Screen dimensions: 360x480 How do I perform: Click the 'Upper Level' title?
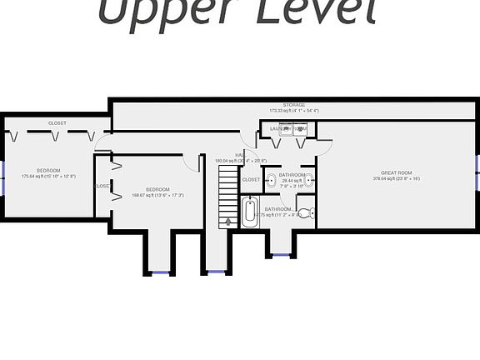[x=236, y=12]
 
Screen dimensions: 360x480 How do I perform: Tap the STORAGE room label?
[x=293, y=105]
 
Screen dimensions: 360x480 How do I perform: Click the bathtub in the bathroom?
[x=250, y=212]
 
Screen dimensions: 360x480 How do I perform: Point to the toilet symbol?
[x=305, y=213]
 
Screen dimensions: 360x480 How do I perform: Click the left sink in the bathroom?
[x=272, y=179]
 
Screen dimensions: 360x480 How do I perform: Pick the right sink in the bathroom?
[x=309, y=179]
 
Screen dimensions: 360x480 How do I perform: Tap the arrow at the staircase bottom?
[x=229, y=221]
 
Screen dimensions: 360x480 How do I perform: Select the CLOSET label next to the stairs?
[x=251, y=179]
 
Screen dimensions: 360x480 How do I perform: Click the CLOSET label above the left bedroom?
[x=57, y=122]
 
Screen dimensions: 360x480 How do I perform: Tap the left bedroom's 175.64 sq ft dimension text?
[x=48, y=176]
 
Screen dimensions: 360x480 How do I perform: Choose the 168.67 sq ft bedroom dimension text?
[x=157, y=196]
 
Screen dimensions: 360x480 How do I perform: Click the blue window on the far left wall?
[x=2, y=176]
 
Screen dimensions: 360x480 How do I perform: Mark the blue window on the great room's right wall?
[x=477, y=167]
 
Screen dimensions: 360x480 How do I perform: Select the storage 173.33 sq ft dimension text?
[x=293, y=111]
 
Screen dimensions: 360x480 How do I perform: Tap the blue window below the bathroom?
[x=281, y=254]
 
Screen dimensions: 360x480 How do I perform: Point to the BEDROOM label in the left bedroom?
[x=48, y=170]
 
